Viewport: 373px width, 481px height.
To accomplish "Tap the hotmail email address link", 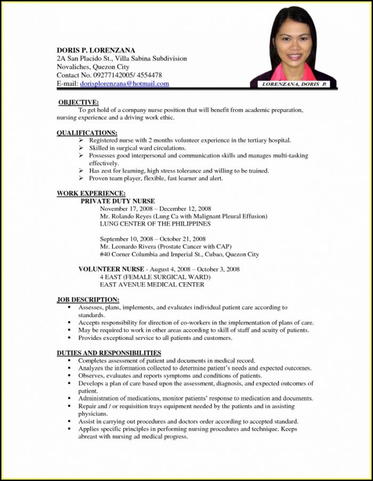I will coord(125,84).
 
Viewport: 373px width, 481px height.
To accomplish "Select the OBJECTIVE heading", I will coord(78,102).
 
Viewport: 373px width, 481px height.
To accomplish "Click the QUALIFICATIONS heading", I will coord(87,132).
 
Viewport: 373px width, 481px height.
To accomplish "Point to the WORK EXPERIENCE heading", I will coord(91,193).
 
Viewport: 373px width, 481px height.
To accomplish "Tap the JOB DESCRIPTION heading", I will coord(88,300).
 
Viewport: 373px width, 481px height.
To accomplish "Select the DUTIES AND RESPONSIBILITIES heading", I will coord(109,353).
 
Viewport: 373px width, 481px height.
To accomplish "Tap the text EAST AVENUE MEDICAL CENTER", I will coord(152,284).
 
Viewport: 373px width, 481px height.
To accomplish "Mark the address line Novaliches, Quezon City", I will coord(93,67).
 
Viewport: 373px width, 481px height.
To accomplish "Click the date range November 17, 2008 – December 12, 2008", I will coord(156,209).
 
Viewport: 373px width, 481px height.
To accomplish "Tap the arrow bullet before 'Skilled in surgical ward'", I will coord(81,148).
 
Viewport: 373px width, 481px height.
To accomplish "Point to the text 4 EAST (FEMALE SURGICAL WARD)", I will coord(155,277).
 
